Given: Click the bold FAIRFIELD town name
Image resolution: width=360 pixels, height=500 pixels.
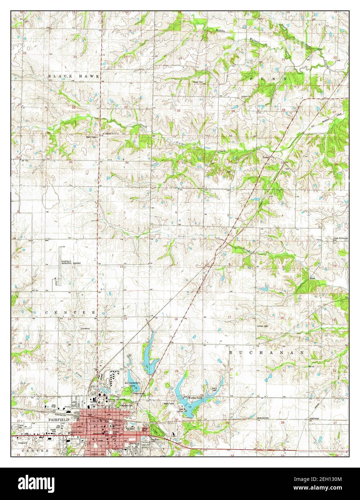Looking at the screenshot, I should (58, 419).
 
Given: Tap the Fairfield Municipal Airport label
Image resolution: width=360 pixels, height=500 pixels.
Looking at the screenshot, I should (71, 262).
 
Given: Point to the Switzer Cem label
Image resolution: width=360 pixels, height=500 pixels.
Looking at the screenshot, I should (262, 326).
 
